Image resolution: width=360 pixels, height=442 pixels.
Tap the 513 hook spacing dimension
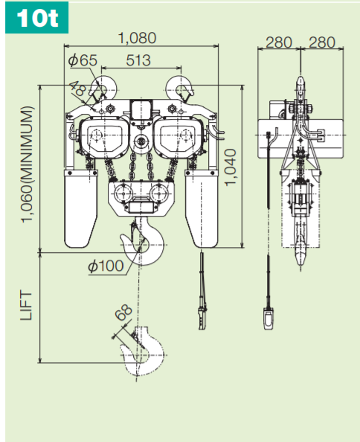pos(139,60)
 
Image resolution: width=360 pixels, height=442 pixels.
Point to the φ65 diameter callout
pos(82,60)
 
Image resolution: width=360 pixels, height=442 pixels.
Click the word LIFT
pos(27,306)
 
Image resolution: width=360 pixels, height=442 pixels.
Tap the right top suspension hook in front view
pos(181,86)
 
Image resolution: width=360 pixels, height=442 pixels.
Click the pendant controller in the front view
pos(202,313)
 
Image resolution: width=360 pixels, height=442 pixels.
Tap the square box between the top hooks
pos(140,107)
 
